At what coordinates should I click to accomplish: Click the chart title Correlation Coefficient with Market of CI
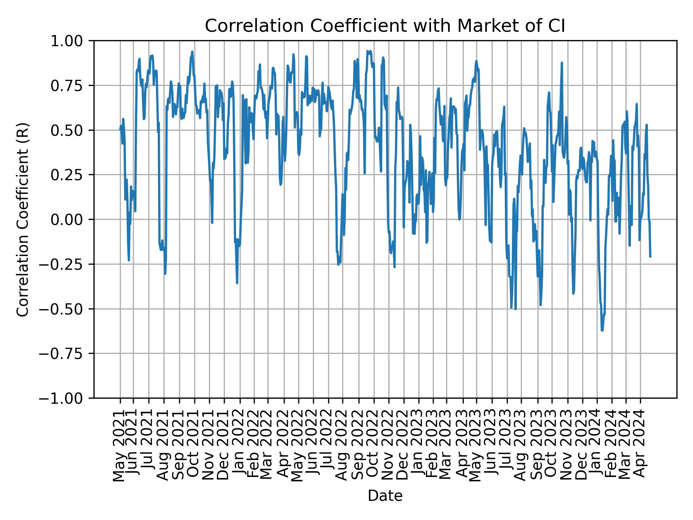tap(385, 26)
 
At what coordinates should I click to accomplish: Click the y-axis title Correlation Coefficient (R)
tap(22, 220)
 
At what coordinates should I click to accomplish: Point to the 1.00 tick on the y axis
tap(71, 41)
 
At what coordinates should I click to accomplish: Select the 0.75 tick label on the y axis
tap(71, 86)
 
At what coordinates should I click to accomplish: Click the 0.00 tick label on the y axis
tap(71, 220)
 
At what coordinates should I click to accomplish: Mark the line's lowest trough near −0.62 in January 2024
tap(602, 330)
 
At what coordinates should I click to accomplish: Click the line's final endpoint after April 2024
tap(650, 257)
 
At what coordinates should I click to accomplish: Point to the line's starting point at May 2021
tap(120, 130)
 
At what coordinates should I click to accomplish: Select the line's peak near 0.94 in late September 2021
tap(192, 52)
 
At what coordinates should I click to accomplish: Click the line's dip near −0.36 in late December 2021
tap(237, 283)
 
